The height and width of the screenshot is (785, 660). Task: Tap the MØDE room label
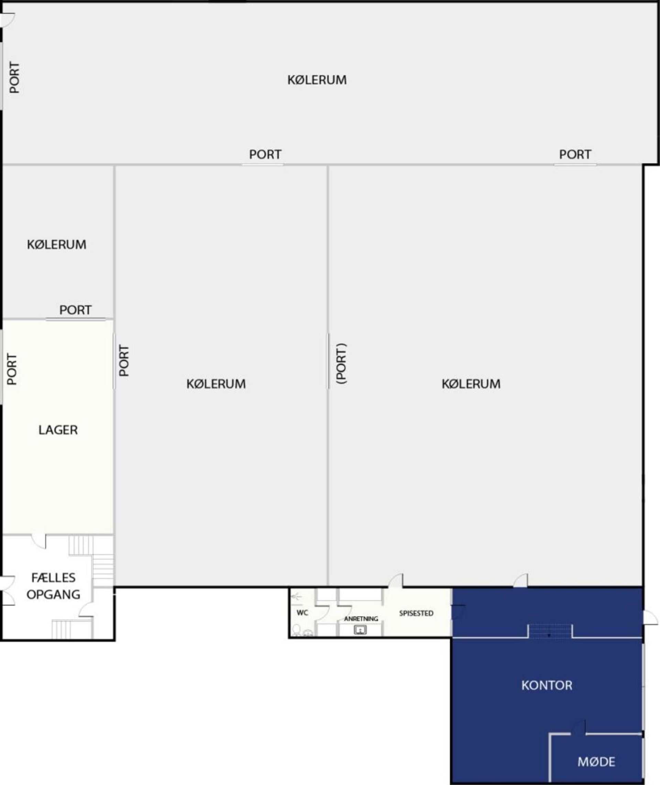[596, 762]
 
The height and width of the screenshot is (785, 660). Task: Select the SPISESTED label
[416, 613]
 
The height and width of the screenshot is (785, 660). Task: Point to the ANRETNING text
[361, 619]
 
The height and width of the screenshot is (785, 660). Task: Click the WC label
[302, 613]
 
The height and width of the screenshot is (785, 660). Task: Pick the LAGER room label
[58, 430]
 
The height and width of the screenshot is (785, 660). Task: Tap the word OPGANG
[54, 594]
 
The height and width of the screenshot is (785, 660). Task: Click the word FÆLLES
[54, 578]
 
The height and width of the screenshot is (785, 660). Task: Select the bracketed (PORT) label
[342, 363]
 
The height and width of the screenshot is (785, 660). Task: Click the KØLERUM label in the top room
[317, 80]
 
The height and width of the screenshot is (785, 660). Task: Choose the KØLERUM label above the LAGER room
[56, 244]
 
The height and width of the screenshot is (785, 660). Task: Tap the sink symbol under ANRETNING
[360, 630]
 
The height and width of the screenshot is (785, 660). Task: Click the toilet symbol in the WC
[296, 630]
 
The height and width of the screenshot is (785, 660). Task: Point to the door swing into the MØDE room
[579, 727]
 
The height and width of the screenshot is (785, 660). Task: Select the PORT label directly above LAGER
[75, 310]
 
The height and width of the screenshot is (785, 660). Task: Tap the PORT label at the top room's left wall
[14, 77]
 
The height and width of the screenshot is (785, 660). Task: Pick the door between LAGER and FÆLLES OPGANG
[38, 542]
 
